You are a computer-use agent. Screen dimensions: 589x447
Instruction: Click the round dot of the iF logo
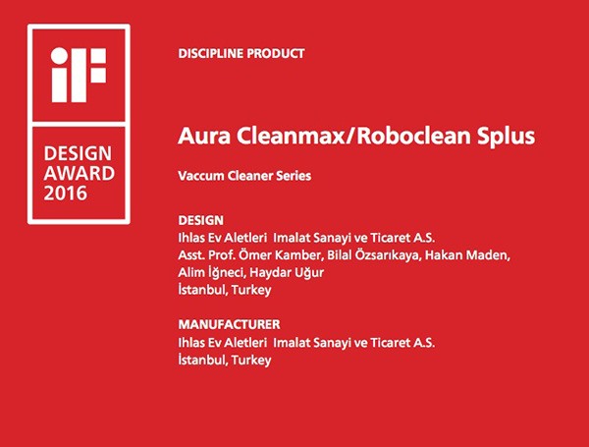point(59,56)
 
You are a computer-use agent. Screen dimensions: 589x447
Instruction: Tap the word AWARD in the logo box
point(79,173)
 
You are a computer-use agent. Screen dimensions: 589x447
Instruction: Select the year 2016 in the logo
point(66,194)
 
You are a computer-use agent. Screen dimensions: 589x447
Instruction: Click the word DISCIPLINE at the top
point(211,53)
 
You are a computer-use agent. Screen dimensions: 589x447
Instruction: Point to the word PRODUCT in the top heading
point(275,53)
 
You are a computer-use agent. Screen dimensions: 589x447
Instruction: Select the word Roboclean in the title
point(413,136)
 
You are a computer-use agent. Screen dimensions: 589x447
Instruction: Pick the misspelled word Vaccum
point(201,176)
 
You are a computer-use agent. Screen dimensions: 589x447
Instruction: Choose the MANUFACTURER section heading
point(229,324)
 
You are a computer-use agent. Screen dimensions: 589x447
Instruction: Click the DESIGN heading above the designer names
point(201,220)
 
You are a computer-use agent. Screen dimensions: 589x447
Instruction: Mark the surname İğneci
point(227,272)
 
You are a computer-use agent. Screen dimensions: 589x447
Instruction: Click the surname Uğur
point(309,272)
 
